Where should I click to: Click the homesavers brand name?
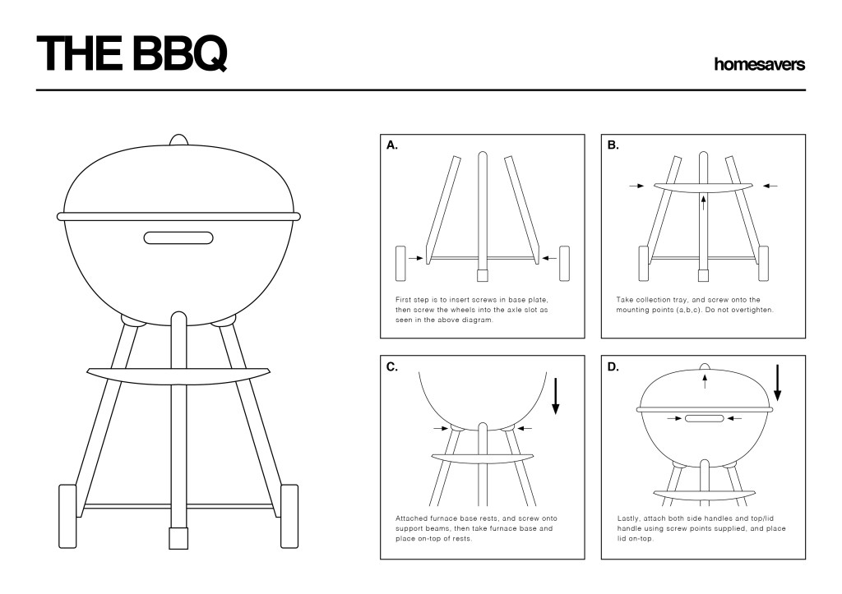pos(759,64)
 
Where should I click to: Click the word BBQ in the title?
pos(178,53)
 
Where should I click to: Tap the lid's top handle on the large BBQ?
pos(178,140)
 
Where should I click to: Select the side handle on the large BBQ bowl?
pos(178,237)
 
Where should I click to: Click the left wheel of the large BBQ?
pos(67,516)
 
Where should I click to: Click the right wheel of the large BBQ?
pos(289,516)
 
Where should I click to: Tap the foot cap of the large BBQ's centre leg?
pos(178,538)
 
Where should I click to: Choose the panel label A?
pos(392,145)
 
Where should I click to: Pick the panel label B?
pos(613,145)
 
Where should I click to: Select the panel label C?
pos(392,367)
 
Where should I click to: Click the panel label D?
pos(613,367)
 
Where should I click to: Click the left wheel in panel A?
pos(400,264)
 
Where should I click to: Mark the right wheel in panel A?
pos(564,264)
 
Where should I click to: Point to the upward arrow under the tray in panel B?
pos(703,204)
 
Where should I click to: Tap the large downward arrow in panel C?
pos(556,397)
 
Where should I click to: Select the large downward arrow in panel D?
pos(777,383)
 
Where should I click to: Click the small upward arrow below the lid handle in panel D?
pos(705,381)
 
